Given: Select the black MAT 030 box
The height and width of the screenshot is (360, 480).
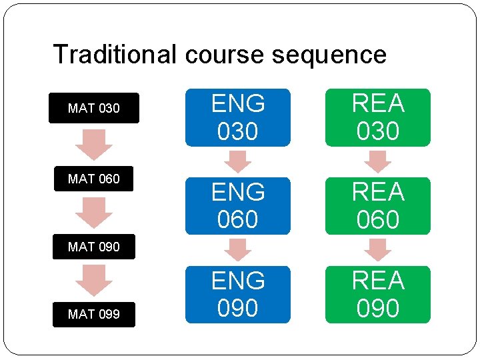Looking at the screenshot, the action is coord(94,108).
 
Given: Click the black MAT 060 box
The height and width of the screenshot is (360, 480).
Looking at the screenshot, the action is coord(94,179).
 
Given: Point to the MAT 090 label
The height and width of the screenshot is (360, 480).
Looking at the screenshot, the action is coord(94,247).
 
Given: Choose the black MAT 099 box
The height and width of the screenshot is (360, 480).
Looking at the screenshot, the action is coord(94,314).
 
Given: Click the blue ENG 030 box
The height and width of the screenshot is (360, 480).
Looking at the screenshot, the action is coord(238,117).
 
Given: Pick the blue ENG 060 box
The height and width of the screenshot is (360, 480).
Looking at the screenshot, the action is coord(238,206).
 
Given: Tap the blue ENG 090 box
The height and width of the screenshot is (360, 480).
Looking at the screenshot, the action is coord(238,295).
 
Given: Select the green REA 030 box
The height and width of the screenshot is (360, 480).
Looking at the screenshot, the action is coord(378,117).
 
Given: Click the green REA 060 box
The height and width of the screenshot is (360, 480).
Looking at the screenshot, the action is coord(378,206).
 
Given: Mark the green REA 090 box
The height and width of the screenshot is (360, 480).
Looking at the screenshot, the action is coord(378,295).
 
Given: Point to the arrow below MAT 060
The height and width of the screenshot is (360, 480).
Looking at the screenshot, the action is coord(94,212).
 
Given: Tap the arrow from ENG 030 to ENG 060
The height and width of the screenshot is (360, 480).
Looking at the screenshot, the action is coord(238,161).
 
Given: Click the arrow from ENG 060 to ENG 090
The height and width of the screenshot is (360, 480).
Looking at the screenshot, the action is coord(238,250).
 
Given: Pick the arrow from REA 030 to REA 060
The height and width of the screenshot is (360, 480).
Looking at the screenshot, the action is coord(378,161).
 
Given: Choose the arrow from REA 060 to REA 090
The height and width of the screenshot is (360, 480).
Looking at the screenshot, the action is coord(378,250).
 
